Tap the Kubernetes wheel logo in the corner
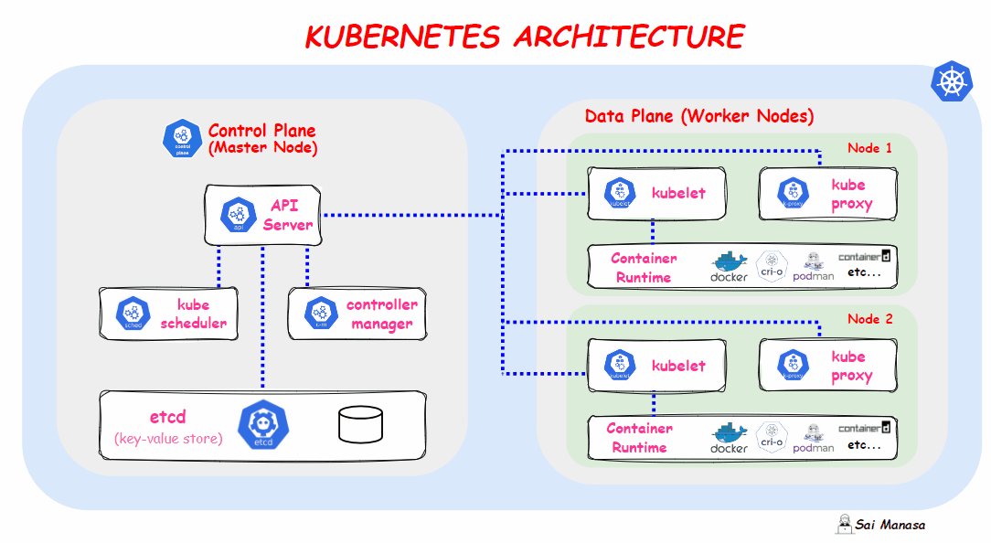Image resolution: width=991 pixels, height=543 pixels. (x=951, y=81)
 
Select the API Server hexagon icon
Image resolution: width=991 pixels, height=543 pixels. (x=239, y=215)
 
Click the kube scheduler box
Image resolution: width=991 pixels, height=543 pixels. (x=169, y=314)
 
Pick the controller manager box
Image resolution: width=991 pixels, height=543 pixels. (x=357, y=314)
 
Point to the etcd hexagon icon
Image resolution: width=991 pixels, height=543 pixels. (x=258, y=424)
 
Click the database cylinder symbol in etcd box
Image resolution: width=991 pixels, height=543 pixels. (x=360, y=424)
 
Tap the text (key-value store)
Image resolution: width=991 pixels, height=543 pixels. (x=168, y=439)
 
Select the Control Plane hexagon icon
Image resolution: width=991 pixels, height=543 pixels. (x=182, y=138)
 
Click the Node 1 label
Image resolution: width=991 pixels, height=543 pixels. (x=869, y=148)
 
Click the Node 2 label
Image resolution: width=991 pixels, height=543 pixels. (x=869, y=319)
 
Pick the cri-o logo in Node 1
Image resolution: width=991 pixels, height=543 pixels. (x=773, y=265)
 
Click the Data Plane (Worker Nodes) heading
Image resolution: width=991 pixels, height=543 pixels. (x=698, y=117)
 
